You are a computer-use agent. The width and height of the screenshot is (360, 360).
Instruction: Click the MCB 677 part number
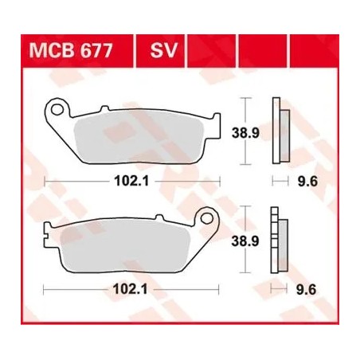click(x=71, y=50)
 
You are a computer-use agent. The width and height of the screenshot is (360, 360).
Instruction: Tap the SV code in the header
click(x=163, y=50)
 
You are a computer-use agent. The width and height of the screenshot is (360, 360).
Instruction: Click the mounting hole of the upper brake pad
click(x=57, y=109)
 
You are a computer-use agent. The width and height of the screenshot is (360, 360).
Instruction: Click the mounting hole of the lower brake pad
click(x=206, y=218)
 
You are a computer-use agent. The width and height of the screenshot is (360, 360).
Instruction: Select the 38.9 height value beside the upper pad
click(x=245, y=133)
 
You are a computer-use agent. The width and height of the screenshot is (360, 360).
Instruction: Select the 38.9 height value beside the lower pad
click(x=245, y=241)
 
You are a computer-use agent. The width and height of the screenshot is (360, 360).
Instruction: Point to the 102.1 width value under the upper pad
click(x=131, y=182)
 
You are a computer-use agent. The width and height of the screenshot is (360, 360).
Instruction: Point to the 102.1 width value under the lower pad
click(x=130, y=289)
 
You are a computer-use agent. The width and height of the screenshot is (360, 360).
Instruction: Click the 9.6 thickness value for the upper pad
click(x=307, y=182)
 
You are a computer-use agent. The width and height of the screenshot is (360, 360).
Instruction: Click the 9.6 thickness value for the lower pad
click(x=306, y=290)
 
